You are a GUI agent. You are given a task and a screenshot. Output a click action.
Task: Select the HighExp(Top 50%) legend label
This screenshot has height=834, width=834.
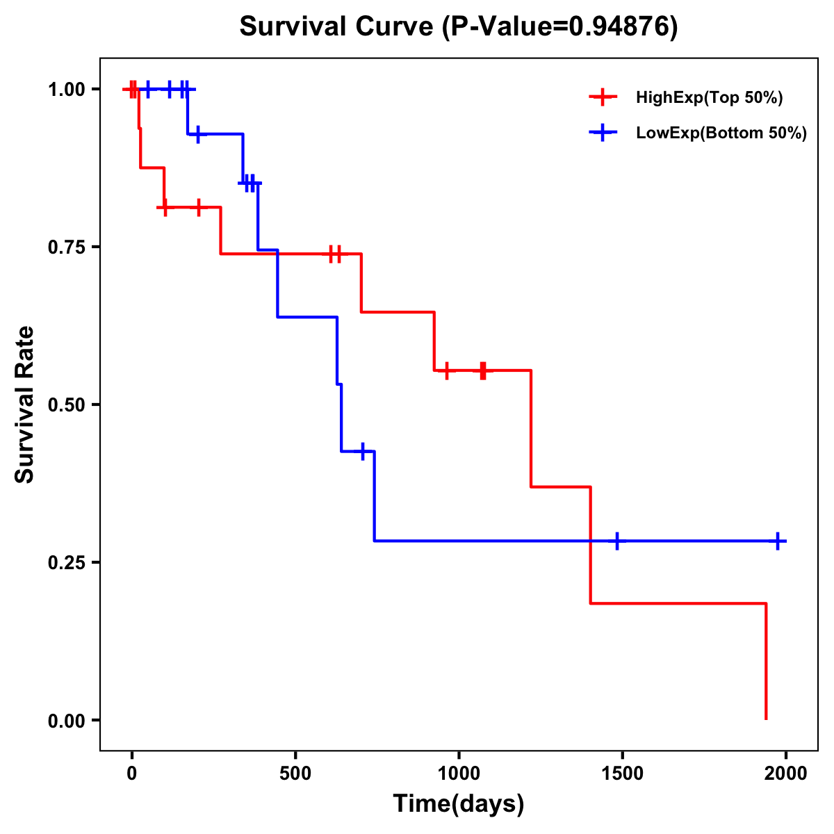tap(709, 98)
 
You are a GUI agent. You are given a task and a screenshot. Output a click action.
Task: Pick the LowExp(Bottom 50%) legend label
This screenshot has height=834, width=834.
tap(721, 133)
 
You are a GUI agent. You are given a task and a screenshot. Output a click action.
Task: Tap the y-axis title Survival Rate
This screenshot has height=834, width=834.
tap(25, 404)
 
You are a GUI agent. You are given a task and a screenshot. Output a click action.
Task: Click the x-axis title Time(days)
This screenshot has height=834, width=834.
tap(459, 804)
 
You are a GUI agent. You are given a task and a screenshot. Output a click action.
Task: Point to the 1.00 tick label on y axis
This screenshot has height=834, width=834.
tap(66, 90)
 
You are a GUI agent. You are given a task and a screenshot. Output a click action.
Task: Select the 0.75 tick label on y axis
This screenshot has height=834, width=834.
tap(66, 247)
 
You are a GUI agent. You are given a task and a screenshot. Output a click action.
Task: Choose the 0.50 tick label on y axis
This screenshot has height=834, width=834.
tap(66, 404)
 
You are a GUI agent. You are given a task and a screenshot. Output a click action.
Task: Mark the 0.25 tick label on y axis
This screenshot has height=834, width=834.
tap(66, 562)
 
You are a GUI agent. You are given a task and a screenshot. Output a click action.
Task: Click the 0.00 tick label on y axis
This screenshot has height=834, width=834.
tap(66, 720)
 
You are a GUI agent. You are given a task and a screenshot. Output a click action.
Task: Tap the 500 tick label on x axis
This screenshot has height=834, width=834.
tap(295, 774)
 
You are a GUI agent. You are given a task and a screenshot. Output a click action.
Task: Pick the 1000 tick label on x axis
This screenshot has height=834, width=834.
tap(459, 774)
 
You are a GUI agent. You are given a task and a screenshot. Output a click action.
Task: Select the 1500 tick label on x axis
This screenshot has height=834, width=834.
tap(622, 774)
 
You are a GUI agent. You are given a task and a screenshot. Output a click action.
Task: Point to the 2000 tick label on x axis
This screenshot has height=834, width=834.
tap(785, 774)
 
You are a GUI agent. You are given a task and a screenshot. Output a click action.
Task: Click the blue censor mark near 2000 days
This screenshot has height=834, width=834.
tap(778, 541)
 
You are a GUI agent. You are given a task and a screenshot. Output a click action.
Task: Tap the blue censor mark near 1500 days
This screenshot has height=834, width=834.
tap(616, 541)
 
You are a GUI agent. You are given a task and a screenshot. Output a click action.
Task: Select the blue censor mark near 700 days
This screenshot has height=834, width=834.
tap(362, 452)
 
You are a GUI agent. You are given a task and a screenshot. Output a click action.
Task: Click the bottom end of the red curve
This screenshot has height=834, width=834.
tap(766, 719)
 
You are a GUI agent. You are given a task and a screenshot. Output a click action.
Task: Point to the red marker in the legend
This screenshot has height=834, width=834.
tap(603, 98)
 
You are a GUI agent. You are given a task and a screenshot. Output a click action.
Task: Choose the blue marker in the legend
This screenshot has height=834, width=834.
tap(603, 133)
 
